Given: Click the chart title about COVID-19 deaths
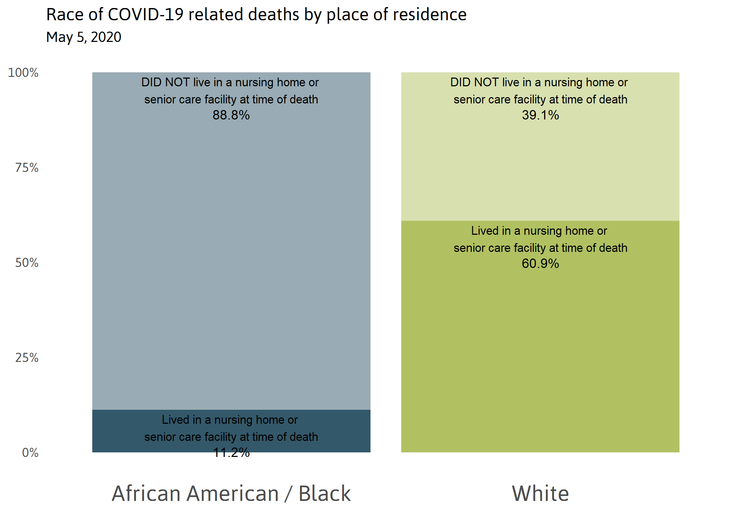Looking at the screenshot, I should pyautogui.click(x=256, y=15).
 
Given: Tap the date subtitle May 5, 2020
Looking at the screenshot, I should pyautogui.click(x=84, y=37).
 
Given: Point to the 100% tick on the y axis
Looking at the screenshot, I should pyautogui.click(x=23, y=73).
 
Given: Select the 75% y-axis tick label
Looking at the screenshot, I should pyautogui.click(x=27, y=168).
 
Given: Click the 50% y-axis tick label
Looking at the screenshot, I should pyautogui.click(x=27, y=263).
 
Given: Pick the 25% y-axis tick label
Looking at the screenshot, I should pyautogui.click(x=27, y=358).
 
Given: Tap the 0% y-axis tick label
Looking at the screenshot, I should pyautogui.click(x=30, y=453).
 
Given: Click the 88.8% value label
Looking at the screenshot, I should pyautogui.click(x=231, y=115).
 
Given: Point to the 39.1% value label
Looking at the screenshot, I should pyautogui.click(x=540, y=115).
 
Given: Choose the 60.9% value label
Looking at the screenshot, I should pyautogui.click(x=540, y=263).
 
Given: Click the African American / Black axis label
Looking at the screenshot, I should pyautogui.click(x=231, y=493).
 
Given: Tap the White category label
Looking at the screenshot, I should pyautogui.click(x=540, y=493).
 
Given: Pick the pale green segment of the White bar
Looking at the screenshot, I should pyautogui.click(x=540, y=168).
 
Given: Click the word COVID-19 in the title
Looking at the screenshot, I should pyautogui.click(x=145, y=15).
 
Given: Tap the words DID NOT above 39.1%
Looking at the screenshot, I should pyautogui.click(x=474, y=82).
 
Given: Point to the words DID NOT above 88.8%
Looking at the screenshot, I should pyautogui.click(x=165, y=82).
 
